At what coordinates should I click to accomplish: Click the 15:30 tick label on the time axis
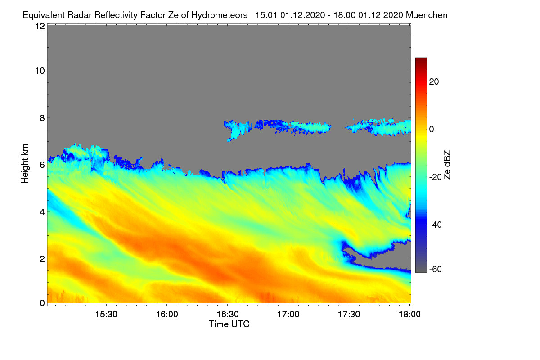106,315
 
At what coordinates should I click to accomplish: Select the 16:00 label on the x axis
167,315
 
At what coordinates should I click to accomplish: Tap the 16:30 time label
228,315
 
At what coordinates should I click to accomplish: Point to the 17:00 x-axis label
288,315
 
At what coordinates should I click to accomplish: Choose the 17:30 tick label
349,315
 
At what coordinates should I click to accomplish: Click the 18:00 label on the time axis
409,315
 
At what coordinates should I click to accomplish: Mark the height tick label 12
40,26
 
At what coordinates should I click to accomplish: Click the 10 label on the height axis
40,71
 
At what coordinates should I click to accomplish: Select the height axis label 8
42,118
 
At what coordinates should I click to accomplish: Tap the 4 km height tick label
42,212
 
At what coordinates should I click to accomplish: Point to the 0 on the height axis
42,303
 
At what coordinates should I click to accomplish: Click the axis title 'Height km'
25,164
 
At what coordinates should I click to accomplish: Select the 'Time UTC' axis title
229,324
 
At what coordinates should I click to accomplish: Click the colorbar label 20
434,82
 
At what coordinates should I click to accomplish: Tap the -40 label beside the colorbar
436,225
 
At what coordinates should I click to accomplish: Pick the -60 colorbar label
436,270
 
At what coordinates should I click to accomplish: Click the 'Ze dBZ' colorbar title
447,165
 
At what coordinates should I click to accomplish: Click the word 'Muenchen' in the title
427,15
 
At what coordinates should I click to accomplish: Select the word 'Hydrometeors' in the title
220,15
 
